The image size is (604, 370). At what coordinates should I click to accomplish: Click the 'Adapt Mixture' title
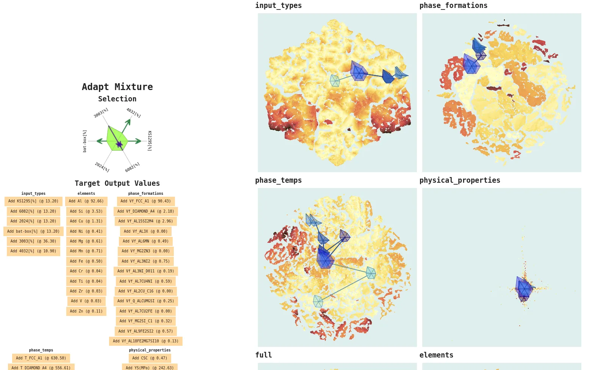117,87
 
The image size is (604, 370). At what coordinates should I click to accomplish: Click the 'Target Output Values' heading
117,183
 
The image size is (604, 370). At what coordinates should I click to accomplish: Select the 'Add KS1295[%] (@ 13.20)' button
33,201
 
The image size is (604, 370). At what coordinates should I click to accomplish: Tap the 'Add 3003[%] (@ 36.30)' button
33,241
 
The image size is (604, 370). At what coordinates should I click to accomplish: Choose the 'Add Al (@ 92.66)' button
86,201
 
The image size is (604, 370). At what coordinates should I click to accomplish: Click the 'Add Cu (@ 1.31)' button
86,221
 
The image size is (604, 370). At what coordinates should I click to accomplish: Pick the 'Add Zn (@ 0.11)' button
86,311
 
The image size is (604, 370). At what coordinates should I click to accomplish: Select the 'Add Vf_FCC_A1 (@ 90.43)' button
145,201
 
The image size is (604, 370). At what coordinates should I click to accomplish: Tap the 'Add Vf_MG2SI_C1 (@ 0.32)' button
145,321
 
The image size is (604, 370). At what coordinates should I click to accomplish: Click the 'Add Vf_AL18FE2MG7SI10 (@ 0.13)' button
145,341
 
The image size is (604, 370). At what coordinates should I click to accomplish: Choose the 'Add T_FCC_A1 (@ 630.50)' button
41,358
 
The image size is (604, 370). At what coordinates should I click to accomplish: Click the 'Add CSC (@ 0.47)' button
150,358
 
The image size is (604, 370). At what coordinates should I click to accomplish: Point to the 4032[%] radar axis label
133,113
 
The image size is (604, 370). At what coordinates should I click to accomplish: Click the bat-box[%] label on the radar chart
85,141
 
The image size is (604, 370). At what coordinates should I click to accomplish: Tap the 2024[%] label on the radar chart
102,167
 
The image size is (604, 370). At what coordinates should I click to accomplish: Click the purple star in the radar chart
119,144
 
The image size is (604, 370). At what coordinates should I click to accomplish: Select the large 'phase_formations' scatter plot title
453,6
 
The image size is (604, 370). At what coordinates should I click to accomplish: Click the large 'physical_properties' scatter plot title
460,180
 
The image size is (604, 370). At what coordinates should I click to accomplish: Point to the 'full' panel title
264,355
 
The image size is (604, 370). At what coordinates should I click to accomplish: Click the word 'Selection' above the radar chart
117,99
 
